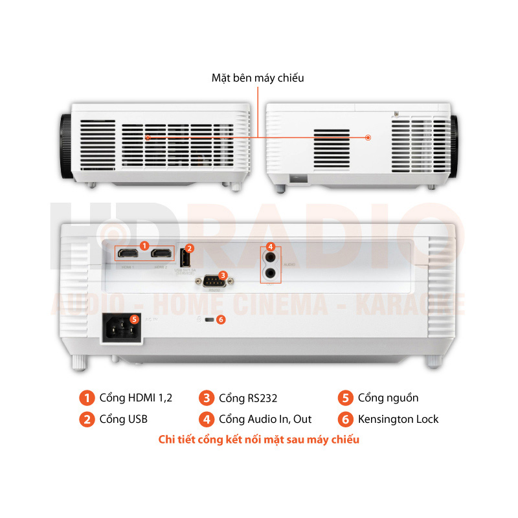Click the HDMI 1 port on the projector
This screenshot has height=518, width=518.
pos(128,254)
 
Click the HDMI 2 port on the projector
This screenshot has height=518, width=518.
pos(160,254)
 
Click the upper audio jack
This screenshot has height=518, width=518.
pos(270,257)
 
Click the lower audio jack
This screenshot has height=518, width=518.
pos(270,273)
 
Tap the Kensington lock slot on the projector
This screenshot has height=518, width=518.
pos(208,321)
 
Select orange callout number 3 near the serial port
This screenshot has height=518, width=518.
pos(223,275)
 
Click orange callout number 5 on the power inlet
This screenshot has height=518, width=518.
pos(134,318)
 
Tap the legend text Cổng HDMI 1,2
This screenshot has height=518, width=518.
pos(136,398)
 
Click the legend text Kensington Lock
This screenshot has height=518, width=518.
pos(398,419)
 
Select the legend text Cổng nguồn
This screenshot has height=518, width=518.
pos(388,398)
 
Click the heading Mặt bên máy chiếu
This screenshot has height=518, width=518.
pos(258,78)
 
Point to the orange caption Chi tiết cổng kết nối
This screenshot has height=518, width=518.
pos(259,440)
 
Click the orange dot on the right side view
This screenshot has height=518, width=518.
pos(368,137)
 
